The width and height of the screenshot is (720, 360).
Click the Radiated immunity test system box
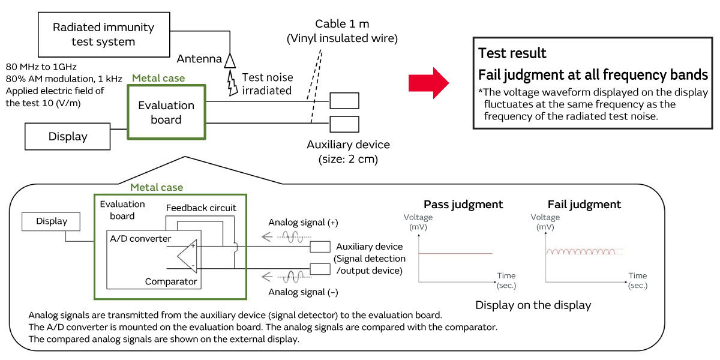tap(103, 35)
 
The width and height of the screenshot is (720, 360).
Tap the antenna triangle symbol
tap(230, 60)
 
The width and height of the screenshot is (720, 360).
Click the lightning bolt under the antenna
tap(232, 83)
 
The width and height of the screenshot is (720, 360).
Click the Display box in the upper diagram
tap(68, 137)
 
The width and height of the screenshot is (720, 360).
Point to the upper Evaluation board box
tap(166, 112)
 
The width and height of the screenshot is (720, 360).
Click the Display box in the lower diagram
tap(52, 221)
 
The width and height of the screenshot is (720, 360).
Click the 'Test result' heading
tap(512, 53)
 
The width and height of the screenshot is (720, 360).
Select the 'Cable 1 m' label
tap(341, 25)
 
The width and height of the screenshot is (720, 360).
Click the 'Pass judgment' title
tap(463, 205)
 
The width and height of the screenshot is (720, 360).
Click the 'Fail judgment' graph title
tap(584, 205)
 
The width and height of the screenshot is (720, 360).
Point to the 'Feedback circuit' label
tap(201, 208)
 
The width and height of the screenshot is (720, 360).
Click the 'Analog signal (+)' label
tap(303, 223)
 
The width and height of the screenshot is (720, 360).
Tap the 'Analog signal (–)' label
tap(303, 292)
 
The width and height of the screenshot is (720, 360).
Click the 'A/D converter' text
tap(140, 239)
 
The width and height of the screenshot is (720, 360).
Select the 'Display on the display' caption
tap(533, 305)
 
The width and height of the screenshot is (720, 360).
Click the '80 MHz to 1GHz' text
tap(41, 66)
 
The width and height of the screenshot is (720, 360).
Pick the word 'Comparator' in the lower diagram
tap(171, 281)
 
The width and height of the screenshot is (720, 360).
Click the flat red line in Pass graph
tap(455, 253)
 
